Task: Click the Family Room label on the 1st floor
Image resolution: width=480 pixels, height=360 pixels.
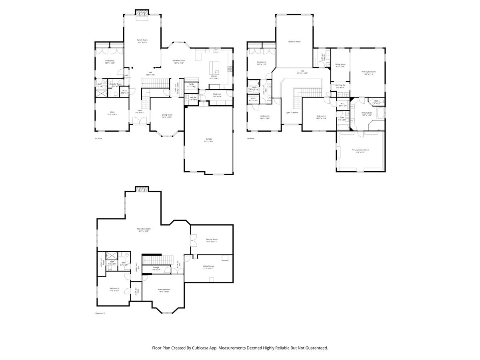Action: [142, 40]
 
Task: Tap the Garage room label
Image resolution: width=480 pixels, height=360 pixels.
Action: [209, 139]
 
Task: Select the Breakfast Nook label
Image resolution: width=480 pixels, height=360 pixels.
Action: [178, 61]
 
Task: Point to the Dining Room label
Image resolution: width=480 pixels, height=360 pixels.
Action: [167, 115]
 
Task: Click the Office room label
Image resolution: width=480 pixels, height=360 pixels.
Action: [112, 112]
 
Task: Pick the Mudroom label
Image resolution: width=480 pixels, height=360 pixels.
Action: [217, 94]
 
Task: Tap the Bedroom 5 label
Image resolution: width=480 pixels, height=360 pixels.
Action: [110, 61]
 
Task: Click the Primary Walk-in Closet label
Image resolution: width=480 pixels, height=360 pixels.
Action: [360, 150]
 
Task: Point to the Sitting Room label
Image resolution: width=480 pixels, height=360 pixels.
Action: [340, 64]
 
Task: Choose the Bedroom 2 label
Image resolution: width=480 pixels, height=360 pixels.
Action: [321, 116]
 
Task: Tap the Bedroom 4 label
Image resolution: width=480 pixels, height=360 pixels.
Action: [262, 62]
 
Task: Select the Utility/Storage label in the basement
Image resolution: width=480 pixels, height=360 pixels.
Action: [209, 266]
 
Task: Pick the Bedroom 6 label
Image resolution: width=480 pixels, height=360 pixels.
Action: [114, 288]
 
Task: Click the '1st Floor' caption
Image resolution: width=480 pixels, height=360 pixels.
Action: [98, 138]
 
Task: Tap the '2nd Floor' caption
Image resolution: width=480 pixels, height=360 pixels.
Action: [250, 138]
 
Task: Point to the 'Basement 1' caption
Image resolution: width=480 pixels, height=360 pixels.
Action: [100, 313]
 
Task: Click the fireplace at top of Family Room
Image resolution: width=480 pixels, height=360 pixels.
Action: [142, 13]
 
